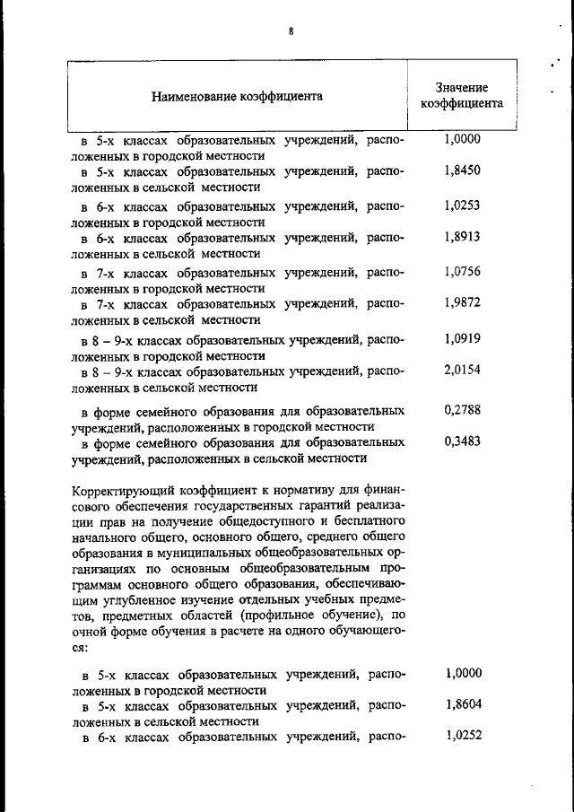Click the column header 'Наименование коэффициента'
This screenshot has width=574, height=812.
[237, 95]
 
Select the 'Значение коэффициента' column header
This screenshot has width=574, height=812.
[462, 95]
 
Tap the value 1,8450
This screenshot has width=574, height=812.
[462, 170]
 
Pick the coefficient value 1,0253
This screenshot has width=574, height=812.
[462, 205]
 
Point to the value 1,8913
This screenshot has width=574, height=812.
[462, 236]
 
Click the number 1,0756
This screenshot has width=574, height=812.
[462, 272]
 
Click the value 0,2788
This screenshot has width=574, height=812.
[462, 410]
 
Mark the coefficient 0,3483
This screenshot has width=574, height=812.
[462, 441]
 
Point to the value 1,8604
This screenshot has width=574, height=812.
[463, 703]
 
